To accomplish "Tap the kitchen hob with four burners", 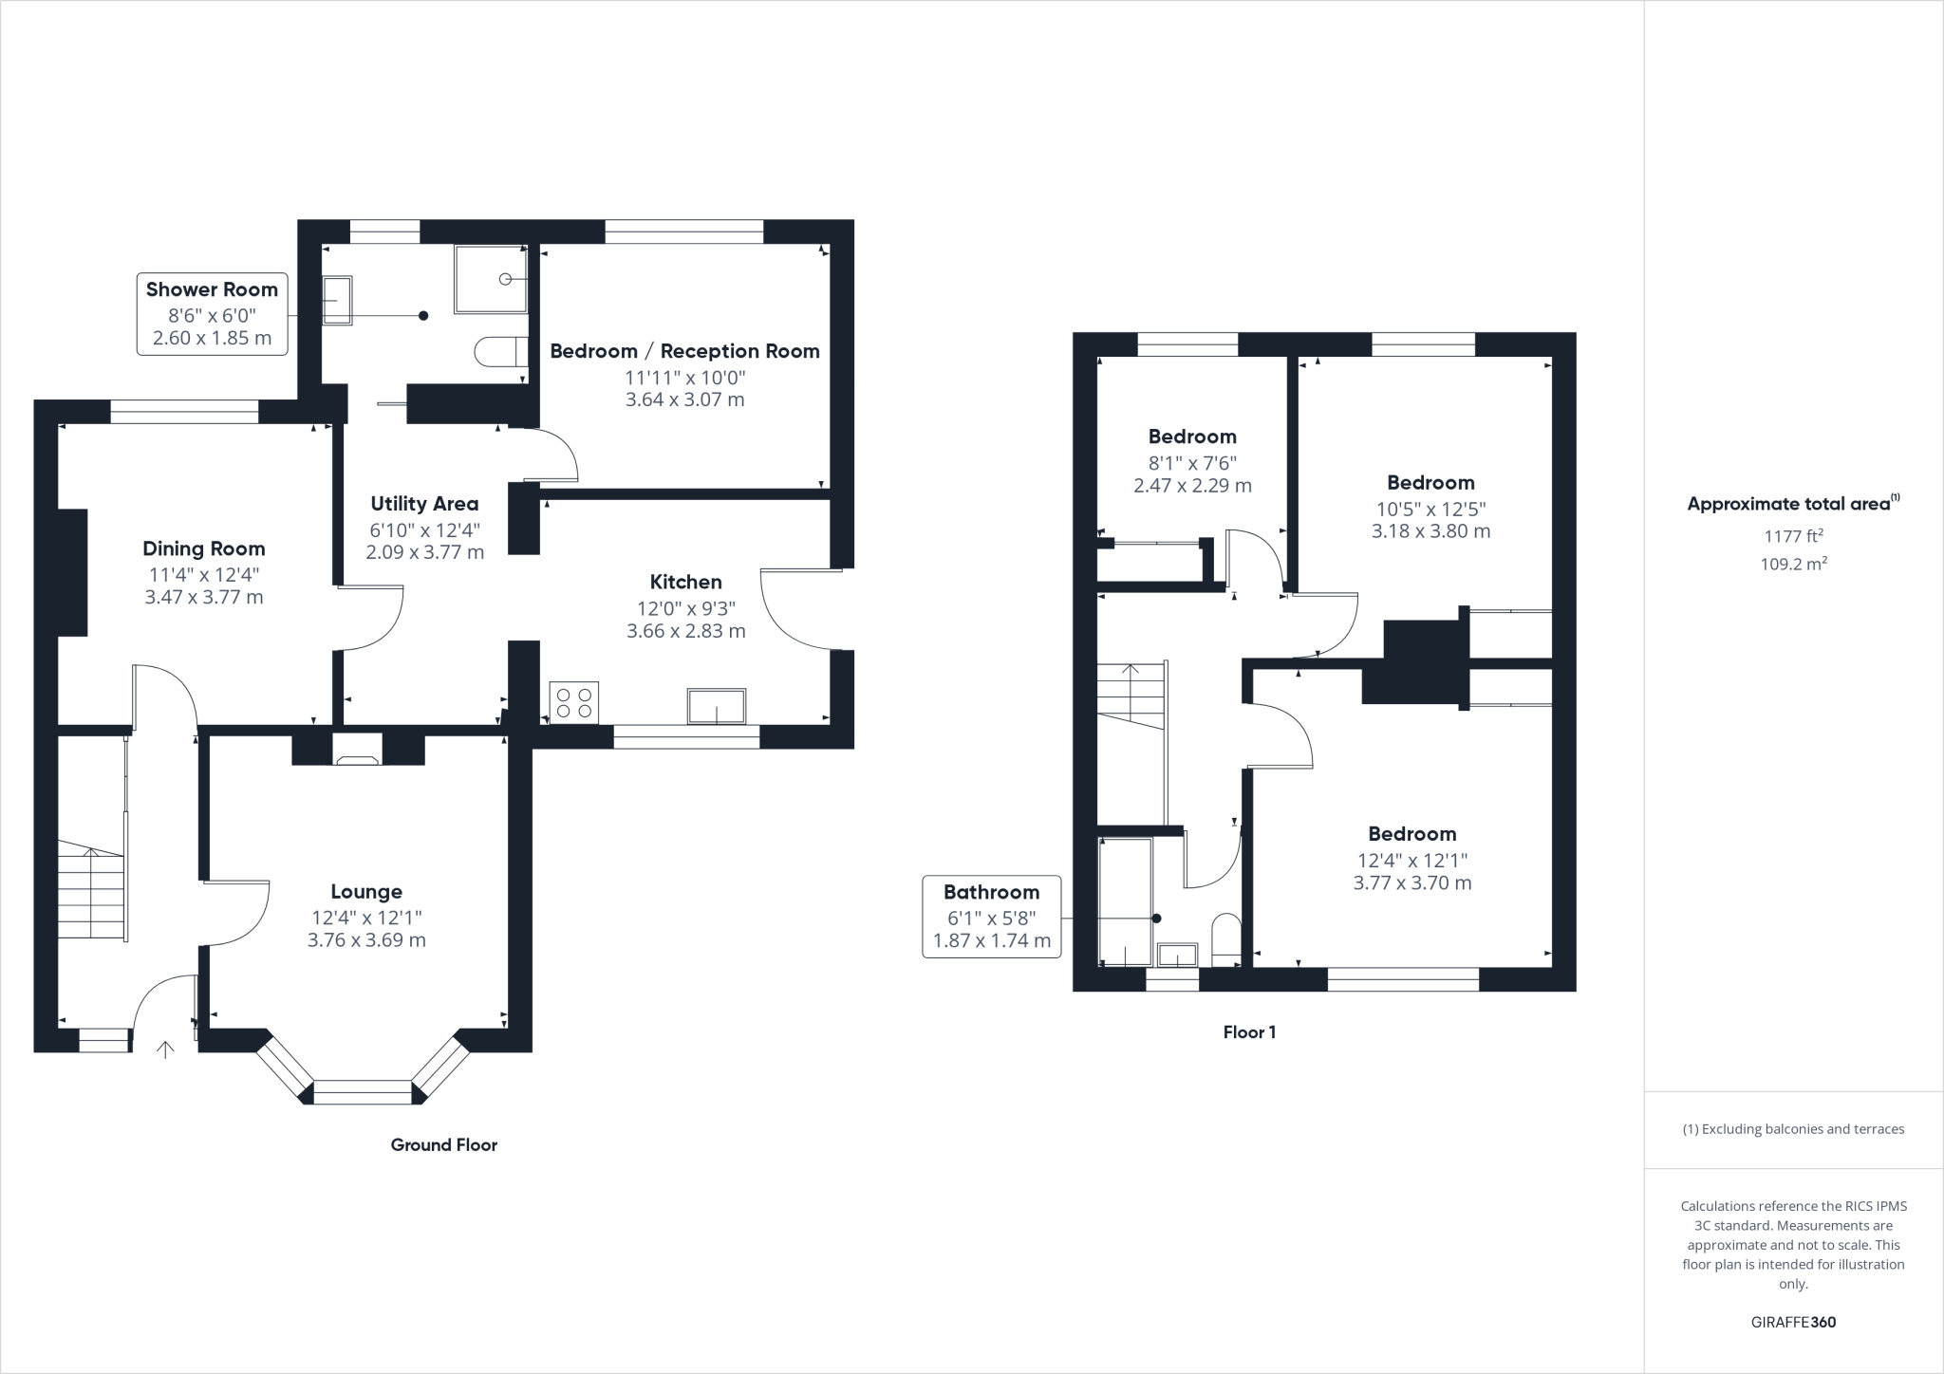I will tap(574, 702).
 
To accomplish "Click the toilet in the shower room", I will tap(499, 352).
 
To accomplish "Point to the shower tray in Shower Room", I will tap(490, 279).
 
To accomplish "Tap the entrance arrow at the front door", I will tap(165, 1049).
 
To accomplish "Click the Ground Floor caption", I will tap(443, 1145).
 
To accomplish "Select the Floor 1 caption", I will tap(1249, 1032).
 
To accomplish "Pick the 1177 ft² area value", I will tap(1793, 536).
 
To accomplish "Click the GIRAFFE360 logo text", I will tap(1793, 1322).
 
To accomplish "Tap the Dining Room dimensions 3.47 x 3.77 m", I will tap(204, 597).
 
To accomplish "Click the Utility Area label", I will tap(424, 504).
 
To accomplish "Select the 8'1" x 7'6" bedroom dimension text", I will tap(1192, 463).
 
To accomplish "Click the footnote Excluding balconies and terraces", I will tap(1793, 1129).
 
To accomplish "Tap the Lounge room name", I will tap(366, 892).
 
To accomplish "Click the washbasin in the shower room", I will tap(337, 301).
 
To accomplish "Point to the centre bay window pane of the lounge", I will tap(363, 1092).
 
